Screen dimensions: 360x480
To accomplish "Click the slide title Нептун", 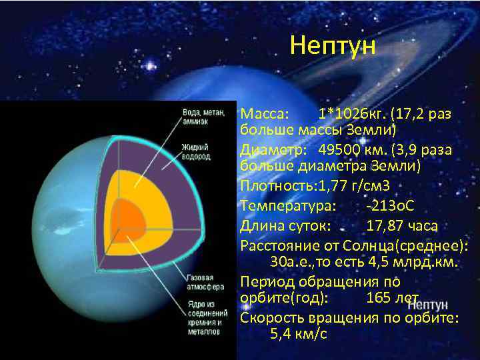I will coord(333,47).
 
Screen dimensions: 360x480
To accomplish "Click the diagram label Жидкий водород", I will coord(197,151).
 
